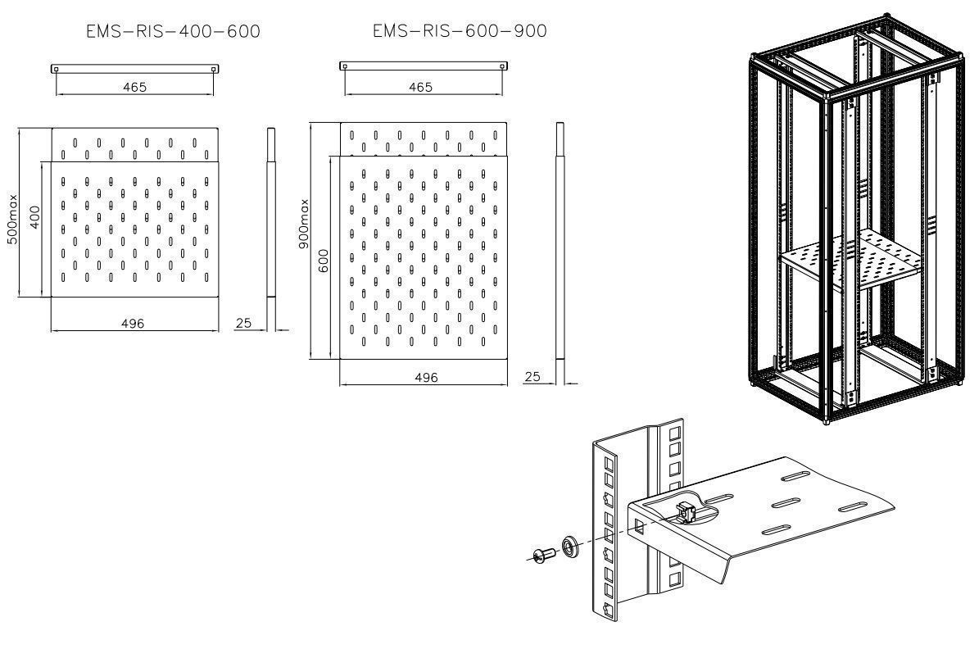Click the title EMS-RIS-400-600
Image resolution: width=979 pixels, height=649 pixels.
click(173, 32)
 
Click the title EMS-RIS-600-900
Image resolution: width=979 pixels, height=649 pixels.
click(460, 31)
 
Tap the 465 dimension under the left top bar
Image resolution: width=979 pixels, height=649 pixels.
click(135, 87)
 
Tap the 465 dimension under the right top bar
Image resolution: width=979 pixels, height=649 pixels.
click(419, 87)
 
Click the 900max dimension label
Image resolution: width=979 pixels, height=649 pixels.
click(304, 225)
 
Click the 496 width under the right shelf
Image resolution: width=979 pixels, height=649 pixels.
click(426, 378)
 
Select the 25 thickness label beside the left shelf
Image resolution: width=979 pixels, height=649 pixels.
click(243, 324)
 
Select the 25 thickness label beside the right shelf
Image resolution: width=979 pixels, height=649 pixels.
click(533, 377)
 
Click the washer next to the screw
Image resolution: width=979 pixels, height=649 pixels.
click(567, 546)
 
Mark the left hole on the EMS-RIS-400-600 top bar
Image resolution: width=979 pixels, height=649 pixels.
click(56, 69)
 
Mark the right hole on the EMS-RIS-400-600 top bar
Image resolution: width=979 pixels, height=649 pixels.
click(214, 69)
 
